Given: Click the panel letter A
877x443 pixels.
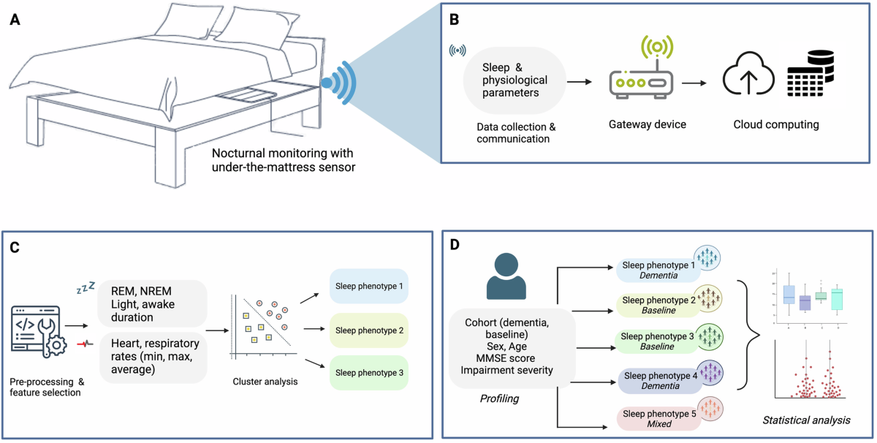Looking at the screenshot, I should pos(15,20).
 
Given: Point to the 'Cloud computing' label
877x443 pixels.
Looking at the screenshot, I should pos(776,124).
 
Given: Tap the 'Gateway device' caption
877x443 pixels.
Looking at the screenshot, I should pos(648,124).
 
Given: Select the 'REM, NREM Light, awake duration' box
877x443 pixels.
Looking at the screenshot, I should pos(151,303).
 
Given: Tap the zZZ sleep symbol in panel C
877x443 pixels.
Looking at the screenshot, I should pos(86,290).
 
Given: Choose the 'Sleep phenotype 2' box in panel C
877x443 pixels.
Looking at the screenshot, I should pos(368,330).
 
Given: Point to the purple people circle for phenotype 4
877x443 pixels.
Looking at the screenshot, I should pos(708,374).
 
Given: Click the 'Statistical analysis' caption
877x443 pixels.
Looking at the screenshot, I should pos(805,420).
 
